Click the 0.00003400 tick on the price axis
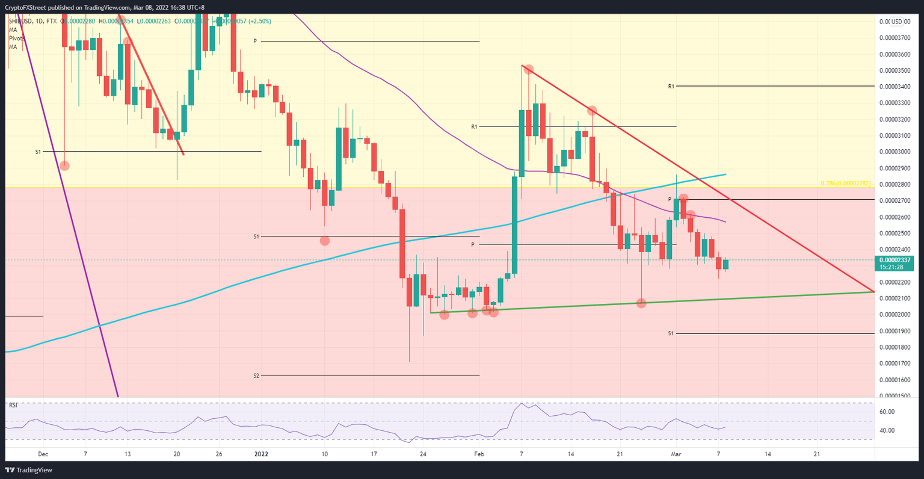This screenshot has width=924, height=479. tap(894, 87)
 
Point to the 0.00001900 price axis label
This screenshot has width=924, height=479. tap(894, 331)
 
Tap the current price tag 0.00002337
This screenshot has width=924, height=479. tap(895, 260)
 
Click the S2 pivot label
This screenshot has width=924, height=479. tap(256, 375)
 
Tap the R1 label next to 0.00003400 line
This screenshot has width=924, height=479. tap(671, 87)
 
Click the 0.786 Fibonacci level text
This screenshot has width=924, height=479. tap(845, 184)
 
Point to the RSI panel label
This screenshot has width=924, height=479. tap(13, 406)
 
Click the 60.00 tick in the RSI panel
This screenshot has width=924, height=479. tap(887, 412)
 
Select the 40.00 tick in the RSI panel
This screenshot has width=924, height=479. tap(887, 430)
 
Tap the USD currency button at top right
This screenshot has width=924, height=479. tap(896, 22)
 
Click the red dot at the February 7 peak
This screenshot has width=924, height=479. tap(529, 70)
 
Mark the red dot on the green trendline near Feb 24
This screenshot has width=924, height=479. tap(641, 303)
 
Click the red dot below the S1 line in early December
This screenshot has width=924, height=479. tap(64, 165)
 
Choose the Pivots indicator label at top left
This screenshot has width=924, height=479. tap(17, 38)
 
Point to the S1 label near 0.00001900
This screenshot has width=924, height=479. tap(671, 333)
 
